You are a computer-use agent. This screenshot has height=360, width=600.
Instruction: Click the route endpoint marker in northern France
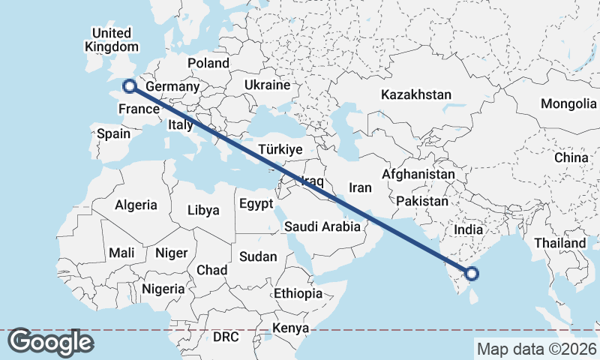(x=129, y=86)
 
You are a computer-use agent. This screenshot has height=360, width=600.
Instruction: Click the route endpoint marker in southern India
(x=472, y=274)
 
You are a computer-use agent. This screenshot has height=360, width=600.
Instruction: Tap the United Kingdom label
(x=111, y=40)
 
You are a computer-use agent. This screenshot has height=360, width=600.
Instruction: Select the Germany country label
(x=172, y=87)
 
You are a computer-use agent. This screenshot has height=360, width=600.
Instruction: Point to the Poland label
(x=208, y=63)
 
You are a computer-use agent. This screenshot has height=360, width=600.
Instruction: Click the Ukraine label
(x=266, y=85)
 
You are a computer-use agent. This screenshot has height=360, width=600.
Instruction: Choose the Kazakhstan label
(x=415, y=94)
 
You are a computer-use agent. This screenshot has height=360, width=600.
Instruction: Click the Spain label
(x=114, y=134)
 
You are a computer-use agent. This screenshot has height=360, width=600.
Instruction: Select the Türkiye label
(x=280, y=149)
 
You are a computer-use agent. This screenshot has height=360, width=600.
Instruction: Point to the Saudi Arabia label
(x=322, y=226)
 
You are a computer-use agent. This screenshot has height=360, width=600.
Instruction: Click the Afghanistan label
(x=418, y=174)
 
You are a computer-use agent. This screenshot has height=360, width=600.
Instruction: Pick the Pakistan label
(x=422, y=201)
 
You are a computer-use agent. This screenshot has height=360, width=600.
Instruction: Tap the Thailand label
(x=559, y=243)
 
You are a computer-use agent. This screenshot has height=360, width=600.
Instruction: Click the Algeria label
(x=136, y=205)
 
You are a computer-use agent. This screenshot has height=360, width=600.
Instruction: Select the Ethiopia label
(x=298, y=293)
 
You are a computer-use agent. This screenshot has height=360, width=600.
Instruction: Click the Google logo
(x=50, y=342)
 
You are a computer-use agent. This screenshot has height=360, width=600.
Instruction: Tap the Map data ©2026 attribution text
(x=536, y=349)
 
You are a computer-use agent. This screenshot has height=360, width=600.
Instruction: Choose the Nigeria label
(x=163, y=288)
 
